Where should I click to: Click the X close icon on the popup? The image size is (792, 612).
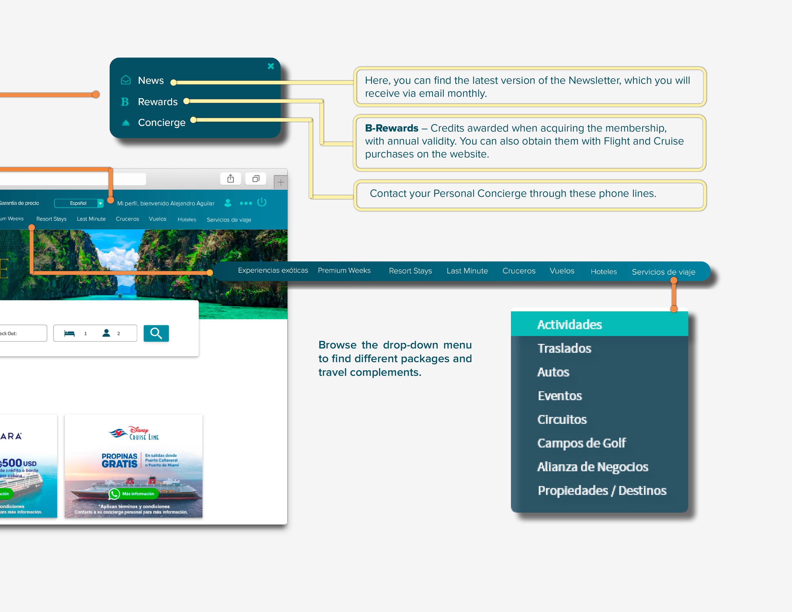(x=270, y=66)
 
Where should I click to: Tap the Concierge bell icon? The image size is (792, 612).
(x=126, y=123)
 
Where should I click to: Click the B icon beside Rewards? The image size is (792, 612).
(x=125, y=102)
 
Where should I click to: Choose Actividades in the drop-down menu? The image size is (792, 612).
(x=569, y=324)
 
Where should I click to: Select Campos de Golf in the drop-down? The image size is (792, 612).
(x=581, y=443)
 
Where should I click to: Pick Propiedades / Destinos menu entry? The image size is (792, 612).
(x=602, y=491)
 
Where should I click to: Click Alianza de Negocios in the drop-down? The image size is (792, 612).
(x=593, y=467)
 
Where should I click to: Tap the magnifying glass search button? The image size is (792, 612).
(x=156, y=333)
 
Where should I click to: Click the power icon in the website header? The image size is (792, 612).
(x=262, y=202)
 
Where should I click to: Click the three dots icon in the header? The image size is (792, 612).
(x=246, y=203)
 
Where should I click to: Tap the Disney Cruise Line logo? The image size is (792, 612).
(x=134, y=433)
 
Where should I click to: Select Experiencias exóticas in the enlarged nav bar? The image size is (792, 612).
(x=273, y=270)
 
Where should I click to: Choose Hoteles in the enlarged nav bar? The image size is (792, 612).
(x=603, y=271)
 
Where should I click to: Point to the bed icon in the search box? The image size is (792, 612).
(x=69, y=333)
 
